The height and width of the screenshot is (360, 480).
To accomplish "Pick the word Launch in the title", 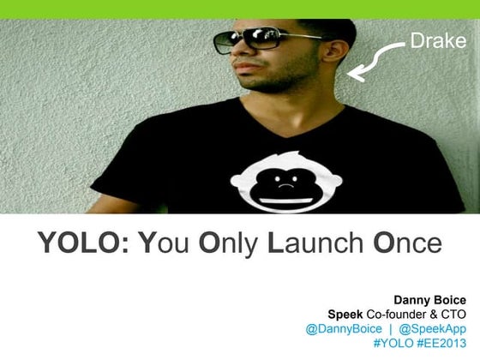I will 315,243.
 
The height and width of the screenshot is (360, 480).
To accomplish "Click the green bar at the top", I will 240,9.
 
